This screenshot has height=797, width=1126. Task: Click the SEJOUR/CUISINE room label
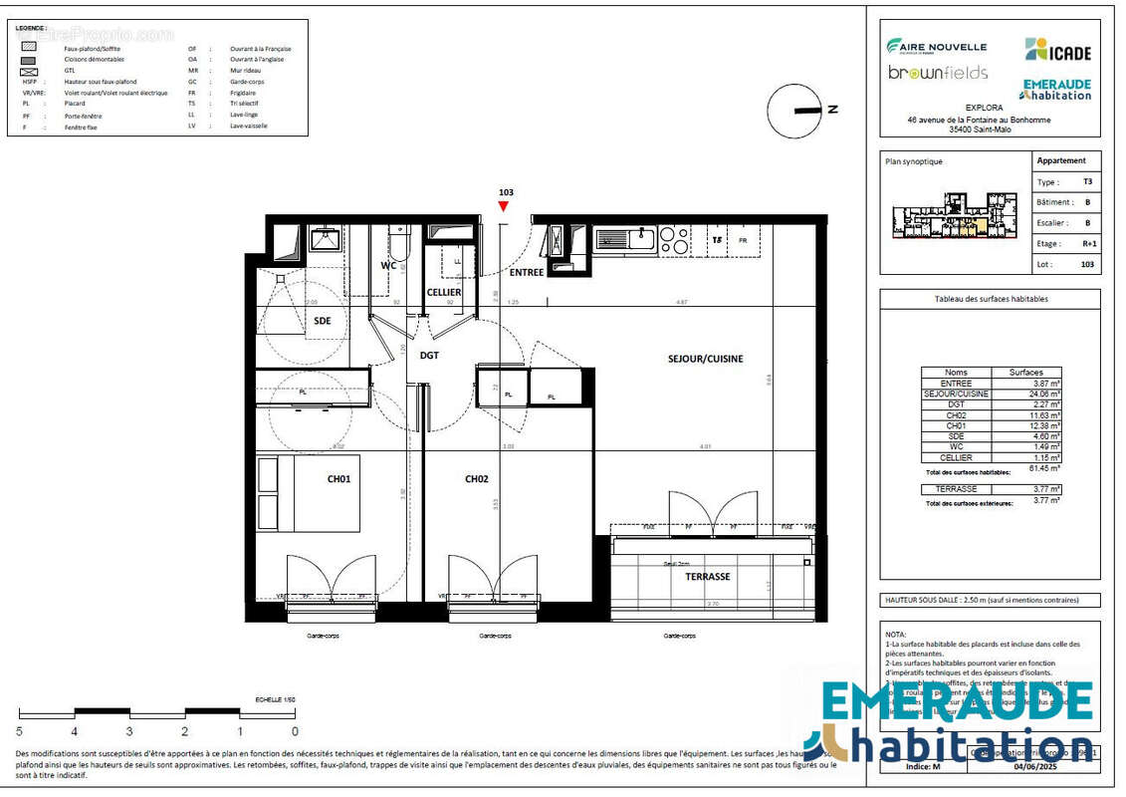[x=705, y=359]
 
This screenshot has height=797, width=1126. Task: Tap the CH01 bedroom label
[x=339, y=479]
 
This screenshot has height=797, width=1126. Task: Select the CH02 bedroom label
[x=477, y=479]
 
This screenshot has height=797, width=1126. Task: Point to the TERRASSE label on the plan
[x=708, y=577]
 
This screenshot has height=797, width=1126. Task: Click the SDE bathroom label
[x=323, y=321]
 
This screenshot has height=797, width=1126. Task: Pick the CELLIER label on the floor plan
[x=443, y=292]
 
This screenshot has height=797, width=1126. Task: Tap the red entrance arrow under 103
[x=504, y=206]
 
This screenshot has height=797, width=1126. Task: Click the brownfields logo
[x=937, y=73]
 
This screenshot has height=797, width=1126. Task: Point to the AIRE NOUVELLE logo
[x=936, y=46]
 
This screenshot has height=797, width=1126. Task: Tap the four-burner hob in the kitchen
[x=674, y=240]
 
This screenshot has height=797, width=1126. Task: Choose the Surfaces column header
[x=1026, y=372]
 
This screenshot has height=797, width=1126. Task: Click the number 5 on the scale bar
[x=20, y=731]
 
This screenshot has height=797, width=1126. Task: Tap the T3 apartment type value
[x=1087, y=182]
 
